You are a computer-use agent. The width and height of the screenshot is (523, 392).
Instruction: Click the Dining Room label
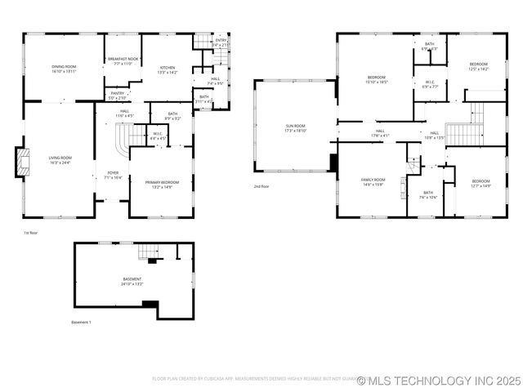point(64,68)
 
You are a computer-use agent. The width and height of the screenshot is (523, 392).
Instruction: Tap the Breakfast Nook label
point(123,61)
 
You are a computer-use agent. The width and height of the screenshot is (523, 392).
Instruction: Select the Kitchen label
point(167,69)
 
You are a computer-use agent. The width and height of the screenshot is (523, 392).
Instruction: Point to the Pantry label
point(118,96)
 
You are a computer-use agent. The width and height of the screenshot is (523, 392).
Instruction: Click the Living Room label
point(60,160)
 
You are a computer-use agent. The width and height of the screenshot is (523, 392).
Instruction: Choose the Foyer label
point(113,175)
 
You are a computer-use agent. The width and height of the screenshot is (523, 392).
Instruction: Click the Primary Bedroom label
point(163,185)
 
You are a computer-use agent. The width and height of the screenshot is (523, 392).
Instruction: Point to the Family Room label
point(373,182)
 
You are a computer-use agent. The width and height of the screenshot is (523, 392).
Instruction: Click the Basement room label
point(132,282)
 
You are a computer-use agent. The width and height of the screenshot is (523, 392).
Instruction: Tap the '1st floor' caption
point(31,233)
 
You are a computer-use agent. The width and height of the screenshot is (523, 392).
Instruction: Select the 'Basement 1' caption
point(81,323)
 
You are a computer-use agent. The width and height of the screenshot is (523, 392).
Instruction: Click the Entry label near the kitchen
point(221,42)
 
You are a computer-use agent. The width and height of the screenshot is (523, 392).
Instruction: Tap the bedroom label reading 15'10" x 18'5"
point(377,80)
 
